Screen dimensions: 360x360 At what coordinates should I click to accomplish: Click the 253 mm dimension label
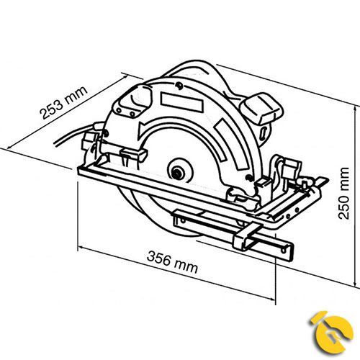tap(63, 102)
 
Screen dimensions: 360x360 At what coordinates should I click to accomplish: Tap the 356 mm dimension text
tap(172, 262)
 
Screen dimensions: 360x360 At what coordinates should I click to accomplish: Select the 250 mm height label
tap(343, 193)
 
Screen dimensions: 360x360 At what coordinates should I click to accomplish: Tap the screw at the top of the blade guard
tap(178, 85)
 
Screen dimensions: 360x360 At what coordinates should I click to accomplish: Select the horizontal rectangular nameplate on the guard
tap(182, 102)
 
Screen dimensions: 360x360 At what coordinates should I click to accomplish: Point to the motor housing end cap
tap(264, 108)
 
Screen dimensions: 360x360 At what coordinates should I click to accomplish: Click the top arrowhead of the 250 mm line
tap(355, 109)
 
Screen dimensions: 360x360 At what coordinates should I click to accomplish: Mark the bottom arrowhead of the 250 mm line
tap(355, 283)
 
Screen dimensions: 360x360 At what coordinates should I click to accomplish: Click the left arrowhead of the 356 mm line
tap(81, 248)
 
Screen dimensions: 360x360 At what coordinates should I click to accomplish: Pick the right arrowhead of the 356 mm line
tap(272, 299)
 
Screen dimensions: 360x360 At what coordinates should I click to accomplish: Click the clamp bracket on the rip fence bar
tap(246, 236)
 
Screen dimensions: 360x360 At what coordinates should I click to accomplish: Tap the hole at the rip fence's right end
tap(284, 251)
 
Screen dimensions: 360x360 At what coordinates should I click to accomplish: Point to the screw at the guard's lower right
tap(249, 178)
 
